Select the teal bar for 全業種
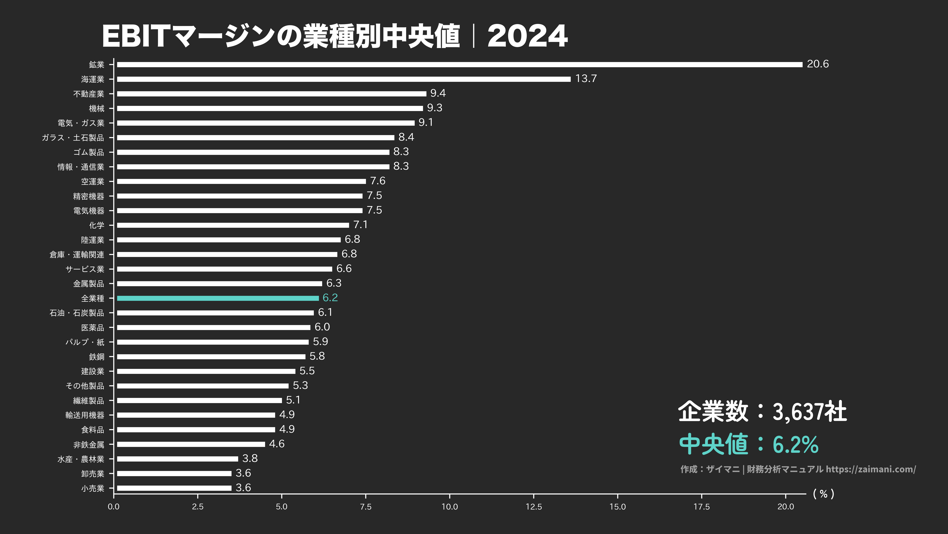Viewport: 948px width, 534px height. [218, 298]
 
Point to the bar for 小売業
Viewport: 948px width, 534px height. [174, 488]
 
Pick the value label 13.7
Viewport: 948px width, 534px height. [586, 78]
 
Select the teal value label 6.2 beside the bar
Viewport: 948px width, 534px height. [330, 298]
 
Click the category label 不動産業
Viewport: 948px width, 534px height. [89, 94]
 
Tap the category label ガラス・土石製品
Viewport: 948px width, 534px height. [73, 138]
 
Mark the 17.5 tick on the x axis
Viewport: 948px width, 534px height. [702, 507]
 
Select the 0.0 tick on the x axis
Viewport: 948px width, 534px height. [114, 507]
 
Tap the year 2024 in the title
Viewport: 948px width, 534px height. [527, 36]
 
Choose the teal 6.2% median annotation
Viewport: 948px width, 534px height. [795, 444]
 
